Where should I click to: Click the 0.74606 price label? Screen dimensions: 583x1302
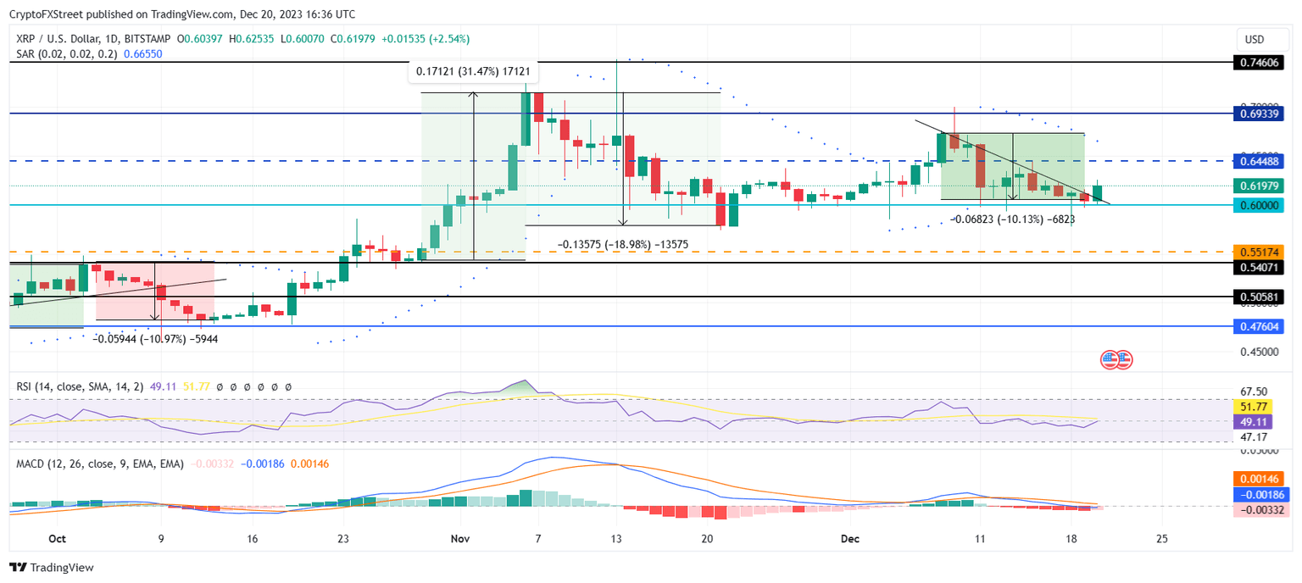point(1258,62)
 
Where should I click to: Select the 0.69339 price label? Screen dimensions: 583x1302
point(1258,113)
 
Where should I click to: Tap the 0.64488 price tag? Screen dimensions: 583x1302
point(1258,161)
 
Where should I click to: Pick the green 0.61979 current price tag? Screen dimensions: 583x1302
point(1258,186)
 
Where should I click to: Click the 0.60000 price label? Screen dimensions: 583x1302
point(1258,205)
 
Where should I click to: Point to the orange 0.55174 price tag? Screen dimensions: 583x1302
point(1258,252)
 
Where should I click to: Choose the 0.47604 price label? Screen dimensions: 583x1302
point(1258,326)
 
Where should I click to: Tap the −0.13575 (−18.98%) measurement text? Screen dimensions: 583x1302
point(622,245)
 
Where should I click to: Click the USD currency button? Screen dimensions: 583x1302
point(1254,39)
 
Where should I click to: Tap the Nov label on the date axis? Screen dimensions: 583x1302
point(460,539)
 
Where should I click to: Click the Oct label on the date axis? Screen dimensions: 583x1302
point(57,539)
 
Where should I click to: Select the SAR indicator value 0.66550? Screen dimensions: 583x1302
point(142,53)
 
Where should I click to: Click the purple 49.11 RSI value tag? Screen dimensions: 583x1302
point(1258,421)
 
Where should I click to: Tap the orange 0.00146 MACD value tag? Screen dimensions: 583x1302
point(1258,479)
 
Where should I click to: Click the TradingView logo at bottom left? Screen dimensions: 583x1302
point(53,568)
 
